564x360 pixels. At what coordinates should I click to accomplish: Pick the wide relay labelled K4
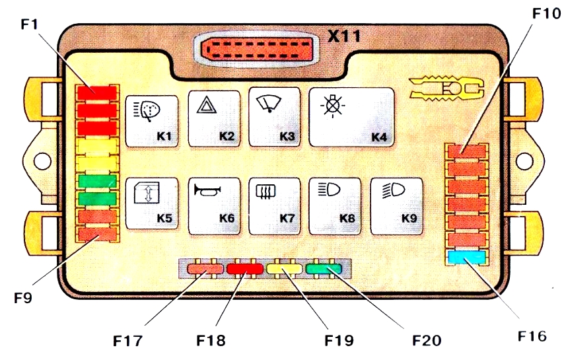click(352, 117)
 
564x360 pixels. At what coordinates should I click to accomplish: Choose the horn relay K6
click(214, 205)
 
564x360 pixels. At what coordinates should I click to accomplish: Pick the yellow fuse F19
click(285, 269)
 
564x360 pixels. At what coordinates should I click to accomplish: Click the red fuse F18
click(244, 269)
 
